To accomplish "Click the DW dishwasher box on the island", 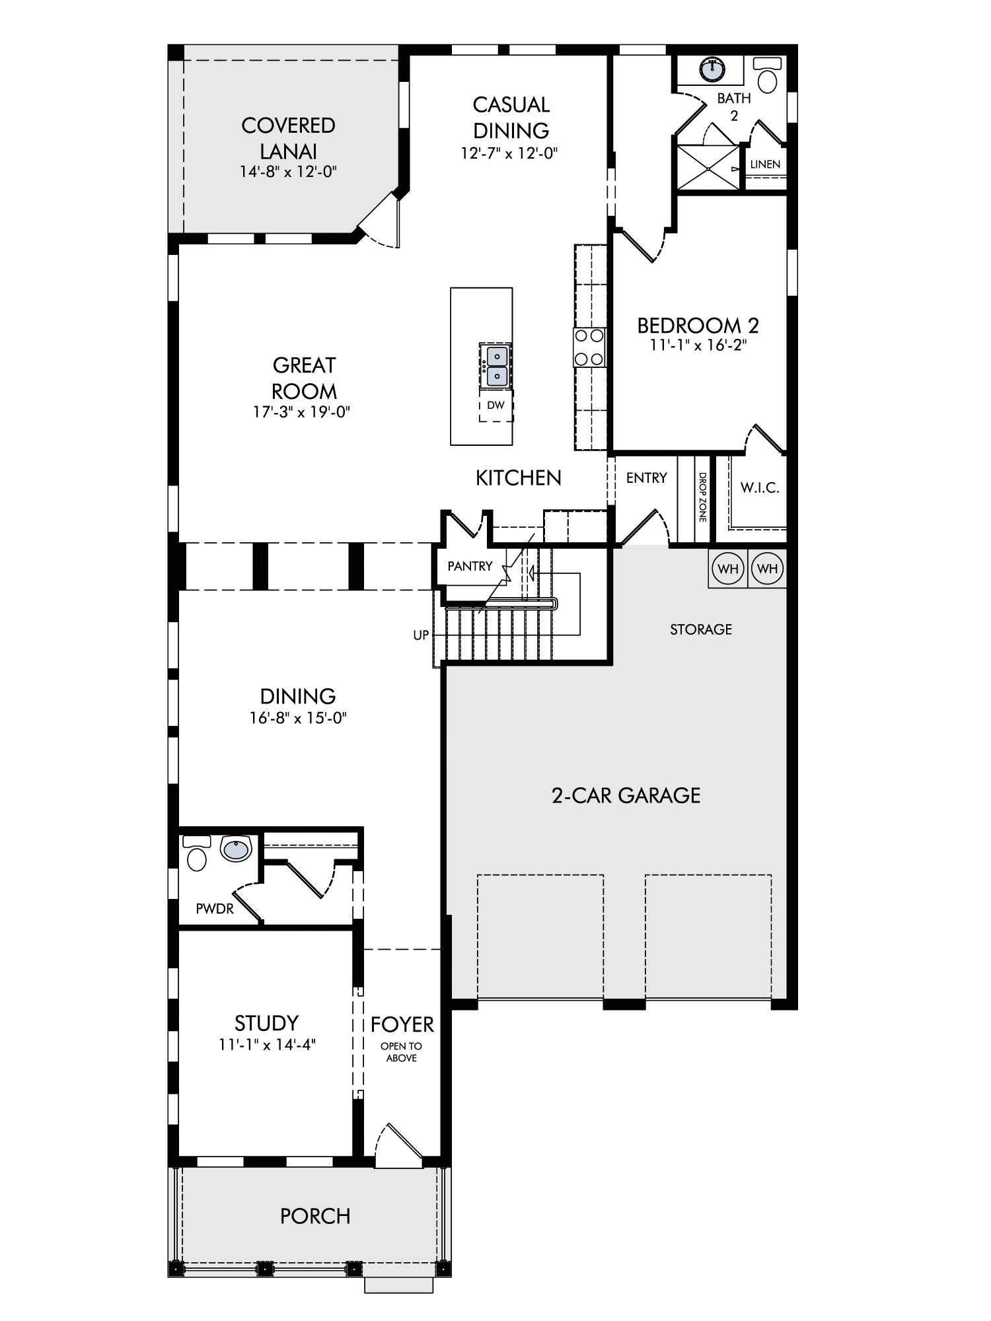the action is pos(496,405).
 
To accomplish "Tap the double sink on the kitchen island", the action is pos(495,367).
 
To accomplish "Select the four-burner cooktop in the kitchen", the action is pos(589,347).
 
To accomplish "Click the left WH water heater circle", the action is pos(727,568).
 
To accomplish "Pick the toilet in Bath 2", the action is pos(768,74).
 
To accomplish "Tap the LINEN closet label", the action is pos(765,164).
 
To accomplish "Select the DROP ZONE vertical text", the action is pos(702,497).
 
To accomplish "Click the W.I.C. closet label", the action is pos(760,488).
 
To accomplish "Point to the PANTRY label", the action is pos(470,566).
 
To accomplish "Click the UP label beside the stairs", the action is pos(421,635).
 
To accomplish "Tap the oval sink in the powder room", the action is pos(236,849).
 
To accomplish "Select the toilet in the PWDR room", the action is pos(196,853).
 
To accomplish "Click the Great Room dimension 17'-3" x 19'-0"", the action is pos(301,412).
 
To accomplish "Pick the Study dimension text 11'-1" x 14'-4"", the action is pos(268,1044).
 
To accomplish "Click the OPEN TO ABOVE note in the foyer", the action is pos(402,1052).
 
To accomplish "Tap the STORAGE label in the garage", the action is pos(701,629).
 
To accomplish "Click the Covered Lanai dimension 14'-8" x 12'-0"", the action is pos(289,172).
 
